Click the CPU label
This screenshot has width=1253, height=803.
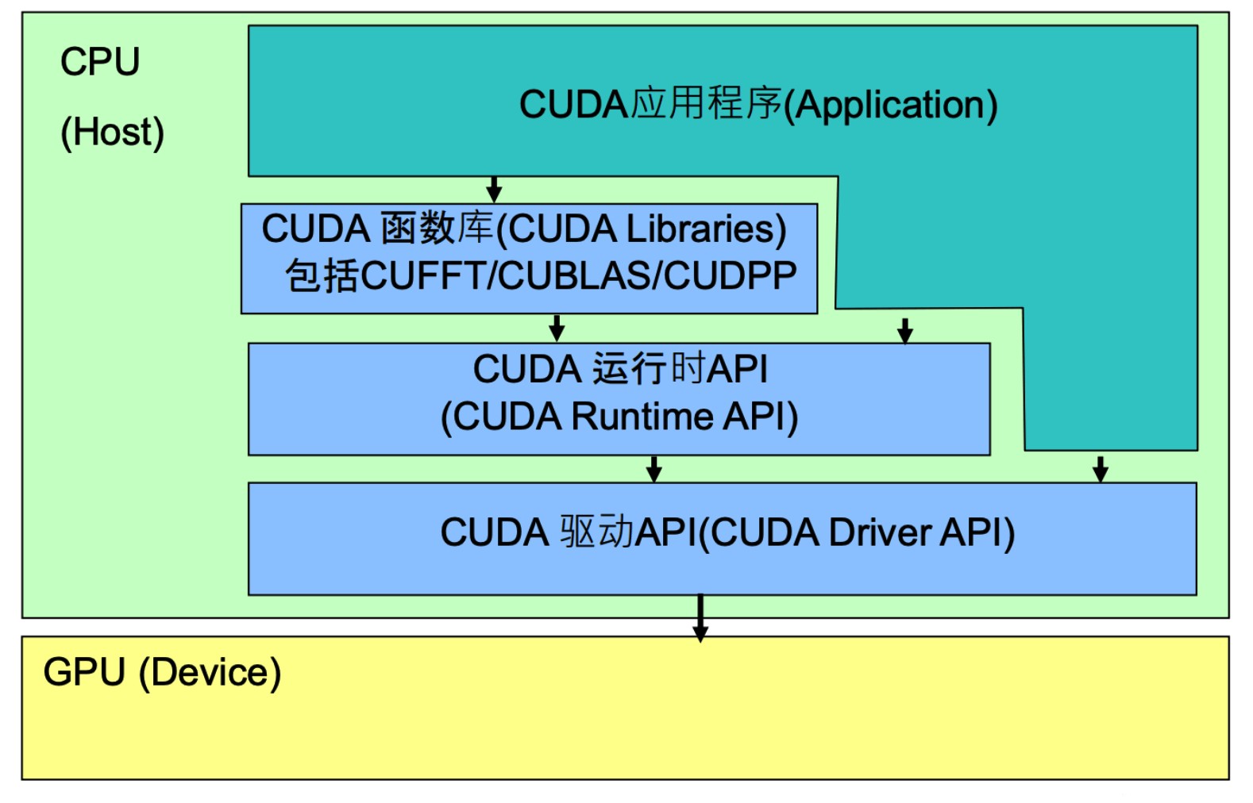100,62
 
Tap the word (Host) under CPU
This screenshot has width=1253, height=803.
112,133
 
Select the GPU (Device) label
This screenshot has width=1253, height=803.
162,673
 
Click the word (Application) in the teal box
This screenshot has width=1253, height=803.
890,105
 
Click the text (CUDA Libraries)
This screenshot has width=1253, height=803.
642,229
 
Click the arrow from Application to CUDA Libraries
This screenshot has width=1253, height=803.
494,190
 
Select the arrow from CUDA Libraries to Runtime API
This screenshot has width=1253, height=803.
557,328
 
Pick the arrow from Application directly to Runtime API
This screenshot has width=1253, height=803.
904,329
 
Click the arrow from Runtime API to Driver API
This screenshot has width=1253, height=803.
653,469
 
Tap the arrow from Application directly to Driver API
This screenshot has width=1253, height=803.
1100,468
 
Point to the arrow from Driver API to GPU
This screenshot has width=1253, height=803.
700,617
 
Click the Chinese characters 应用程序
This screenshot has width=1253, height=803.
707,105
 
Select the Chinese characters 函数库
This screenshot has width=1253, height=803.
438,229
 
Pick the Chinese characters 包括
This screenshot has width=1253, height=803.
322,276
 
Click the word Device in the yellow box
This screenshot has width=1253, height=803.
210,673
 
